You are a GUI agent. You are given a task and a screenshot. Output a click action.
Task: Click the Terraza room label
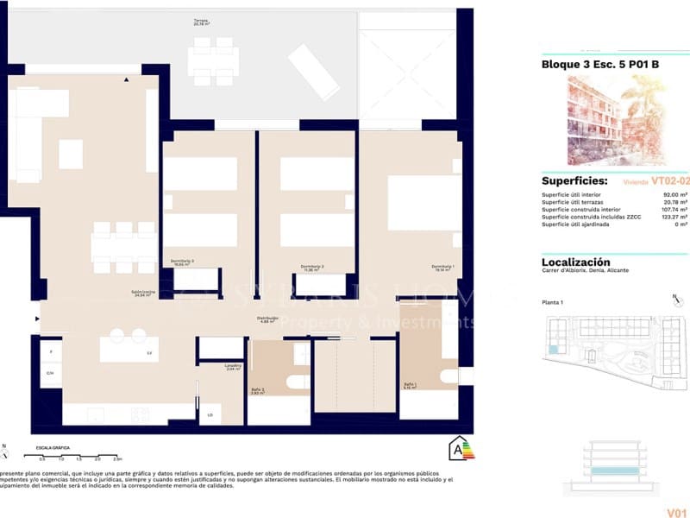[x=201, y=22]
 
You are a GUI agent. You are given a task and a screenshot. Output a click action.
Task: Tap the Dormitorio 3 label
[x=181, y=262]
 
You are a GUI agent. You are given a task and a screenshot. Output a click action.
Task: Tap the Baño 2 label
[x=268, y=390]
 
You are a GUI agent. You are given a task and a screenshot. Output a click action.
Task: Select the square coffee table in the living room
[x=71, y=154]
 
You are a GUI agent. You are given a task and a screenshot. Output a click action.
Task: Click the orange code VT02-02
[x=670, y=181]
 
